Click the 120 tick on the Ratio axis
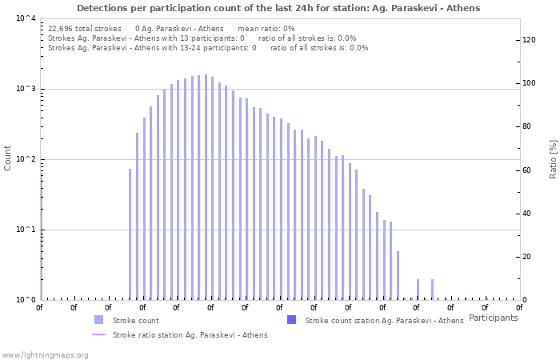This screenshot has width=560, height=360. (x=530, y=40)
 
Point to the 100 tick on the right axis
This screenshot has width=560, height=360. (x=530, y=83)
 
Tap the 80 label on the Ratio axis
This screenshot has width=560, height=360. (x=527, y=126)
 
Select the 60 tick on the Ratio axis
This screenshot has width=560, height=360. (x=527, y=170)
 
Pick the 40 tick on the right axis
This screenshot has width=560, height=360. (x=527, y=214)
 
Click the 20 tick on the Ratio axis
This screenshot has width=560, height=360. (x=527, y=257)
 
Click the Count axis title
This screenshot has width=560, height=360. (x=8, y=158)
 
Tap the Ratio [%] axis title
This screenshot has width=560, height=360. (x=553, y=158)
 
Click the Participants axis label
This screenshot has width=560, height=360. (x=493, y=318)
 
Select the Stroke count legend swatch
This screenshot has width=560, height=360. (x=98, y=320)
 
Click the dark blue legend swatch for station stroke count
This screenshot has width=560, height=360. (x=291, y=320)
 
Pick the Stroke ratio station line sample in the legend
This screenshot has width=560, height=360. (x=98, y=334)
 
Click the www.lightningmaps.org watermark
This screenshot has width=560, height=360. (x=43, y=354)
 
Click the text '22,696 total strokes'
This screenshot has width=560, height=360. (x=85, y=28)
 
